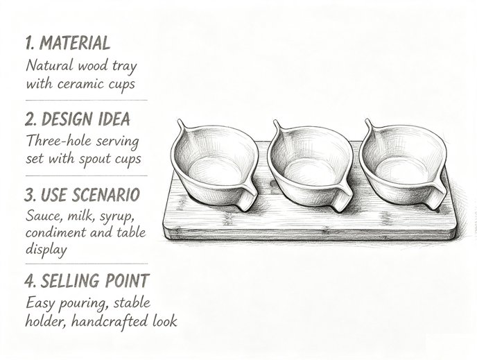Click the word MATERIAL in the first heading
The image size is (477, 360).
[x=75, y=43]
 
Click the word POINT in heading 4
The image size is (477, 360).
[x=127, y=280]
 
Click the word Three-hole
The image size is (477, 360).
[x=59, y=141]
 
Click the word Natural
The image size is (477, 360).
[x=50, y=65]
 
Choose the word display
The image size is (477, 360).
[x=46, y=250]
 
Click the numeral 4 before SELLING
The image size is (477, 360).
[x=30, y=280]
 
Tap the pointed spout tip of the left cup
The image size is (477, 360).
[x=179, y=121]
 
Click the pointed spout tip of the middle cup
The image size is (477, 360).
[x=275, y=121]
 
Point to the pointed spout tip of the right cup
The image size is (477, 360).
[x=367, y=120]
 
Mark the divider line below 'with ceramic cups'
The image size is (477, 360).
[x=87, y=100]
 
